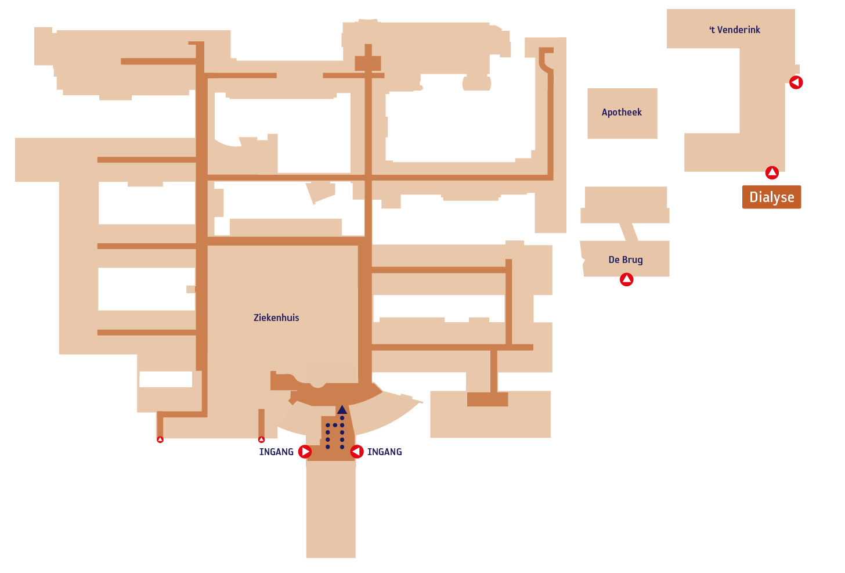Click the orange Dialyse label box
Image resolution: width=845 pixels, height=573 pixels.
click(x=771, y=197)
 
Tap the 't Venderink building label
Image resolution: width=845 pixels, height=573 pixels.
click(x=735, y=30)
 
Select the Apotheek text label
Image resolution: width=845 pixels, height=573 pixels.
click(x=622, y=112)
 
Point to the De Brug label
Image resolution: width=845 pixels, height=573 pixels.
click(x=626, y=260)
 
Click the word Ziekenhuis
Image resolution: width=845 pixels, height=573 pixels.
click(x=276, y=318)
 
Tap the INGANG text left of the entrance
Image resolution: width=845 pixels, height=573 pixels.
click(x=276, y=452)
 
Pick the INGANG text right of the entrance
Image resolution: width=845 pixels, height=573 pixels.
click(x=384, y=452)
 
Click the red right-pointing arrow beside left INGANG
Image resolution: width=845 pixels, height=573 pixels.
click(x=305, y=452)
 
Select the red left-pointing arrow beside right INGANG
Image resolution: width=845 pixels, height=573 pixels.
click(x=356, y=452)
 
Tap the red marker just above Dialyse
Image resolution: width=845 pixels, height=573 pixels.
click(x=772, y=173)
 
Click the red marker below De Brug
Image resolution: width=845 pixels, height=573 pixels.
click(x=627, y=279)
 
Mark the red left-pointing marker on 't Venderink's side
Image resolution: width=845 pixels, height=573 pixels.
click(x=796, y=82)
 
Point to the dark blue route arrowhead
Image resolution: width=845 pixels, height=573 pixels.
click(x=342, y=409)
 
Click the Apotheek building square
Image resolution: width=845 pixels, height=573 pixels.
click(x=622, y=114)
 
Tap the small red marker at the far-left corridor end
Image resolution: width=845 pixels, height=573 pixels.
click(x=160, y=439)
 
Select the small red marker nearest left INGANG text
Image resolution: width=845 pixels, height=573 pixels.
click(x=261, y=439)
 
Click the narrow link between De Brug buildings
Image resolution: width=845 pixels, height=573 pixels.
click(x=629, y=232)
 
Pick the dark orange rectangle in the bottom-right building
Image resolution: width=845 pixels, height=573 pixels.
click(x=488, y=399)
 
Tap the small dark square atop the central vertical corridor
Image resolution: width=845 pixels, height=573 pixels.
click(x=368, y=63)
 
